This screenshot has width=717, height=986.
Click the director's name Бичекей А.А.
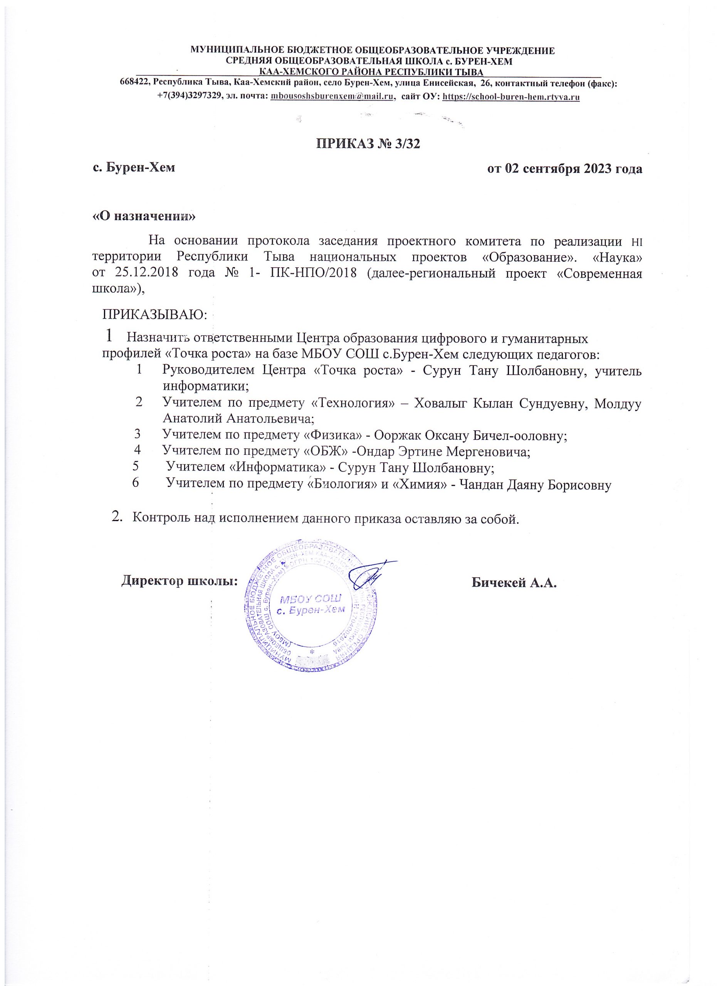tap(514, 582)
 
